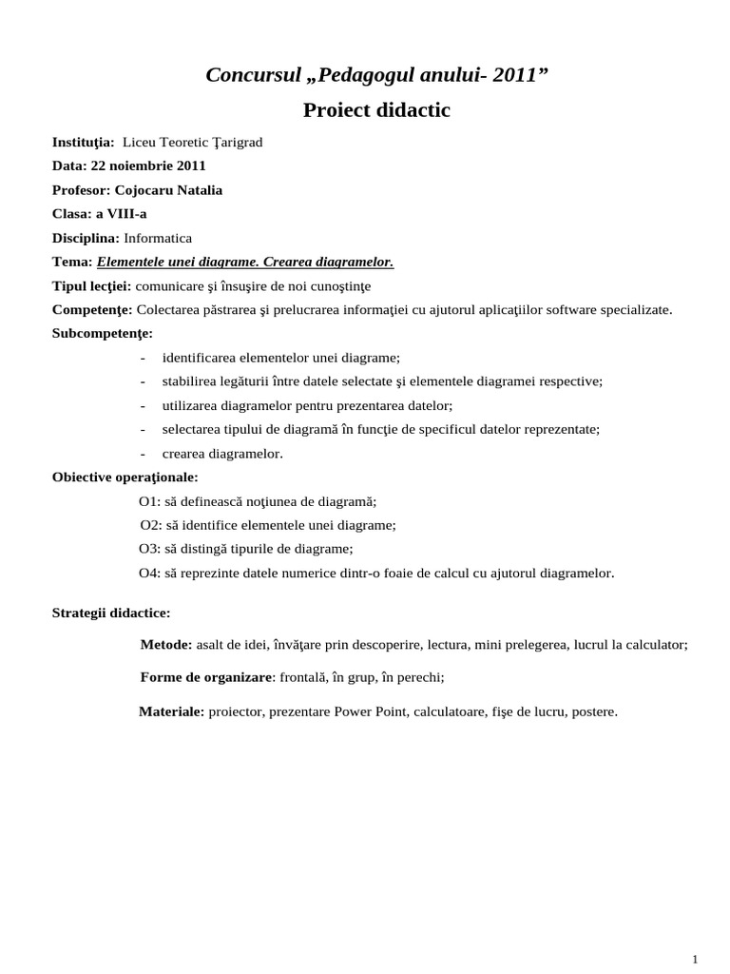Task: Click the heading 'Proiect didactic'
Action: pos(376,111)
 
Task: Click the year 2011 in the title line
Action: pos(513,76)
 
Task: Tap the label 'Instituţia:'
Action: pos(83,142)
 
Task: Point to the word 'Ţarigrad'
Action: pos(237,142)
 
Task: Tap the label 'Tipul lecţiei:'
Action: pos(92,285)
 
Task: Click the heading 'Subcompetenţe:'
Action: pos(102,333)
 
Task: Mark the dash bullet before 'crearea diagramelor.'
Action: pos(142,454)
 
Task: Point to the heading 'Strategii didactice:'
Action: pos(111,613)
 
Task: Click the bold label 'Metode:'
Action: pos(166,644)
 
